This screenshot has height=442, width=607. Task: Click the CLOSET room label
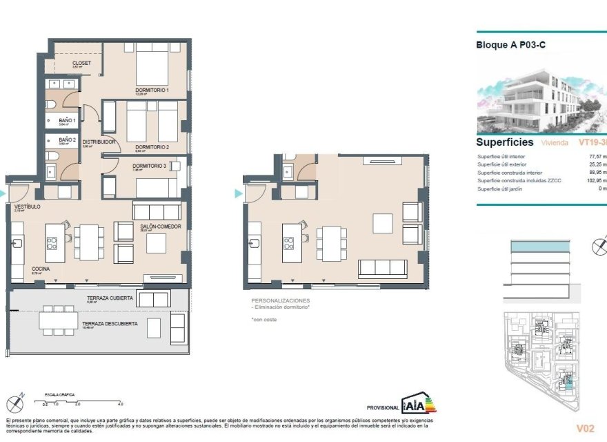coord(81,63)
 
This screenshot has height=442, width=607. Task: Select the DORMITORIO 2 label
coord(152,146)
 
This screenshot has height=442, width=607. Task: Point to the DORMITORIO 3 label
coord(150,166)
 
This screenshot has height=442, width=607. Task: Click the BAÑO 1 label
coord(67,120)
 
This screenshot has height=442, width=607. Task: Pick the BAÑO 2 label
coord(67,140)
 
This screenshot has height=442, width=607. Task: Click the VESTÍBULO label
coord(26,206)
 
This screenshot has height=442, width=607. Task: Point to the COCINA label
coord(41,269)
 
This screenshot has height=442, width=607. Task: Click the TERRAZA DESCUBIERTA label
coord(110,323)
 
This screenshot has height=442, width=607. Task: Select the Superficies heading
coord(505,142)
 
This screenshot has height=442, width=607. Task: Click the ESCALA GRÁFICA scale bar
coord(81,401)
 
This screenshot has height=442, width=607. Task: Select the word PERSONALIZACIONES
coord(281,301)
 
